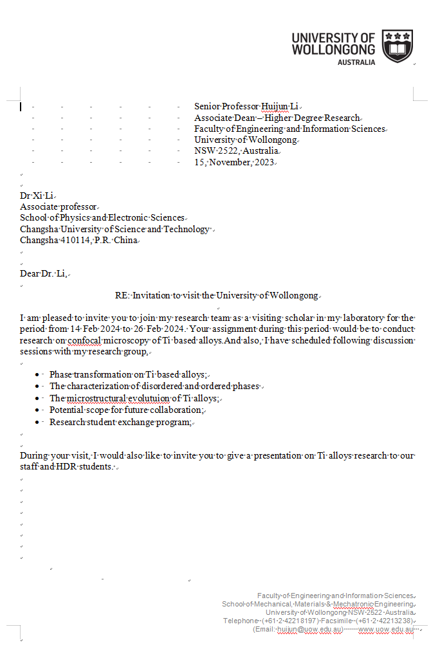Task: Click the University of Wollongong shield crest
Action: [397, 44]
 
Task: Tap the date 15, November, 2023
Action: [234, 162]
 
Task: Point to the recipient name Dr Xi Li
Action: [37, 196]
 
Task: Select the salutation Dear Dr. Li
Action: [43, 274]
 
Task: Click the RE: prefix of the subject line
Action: [122, 295]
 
